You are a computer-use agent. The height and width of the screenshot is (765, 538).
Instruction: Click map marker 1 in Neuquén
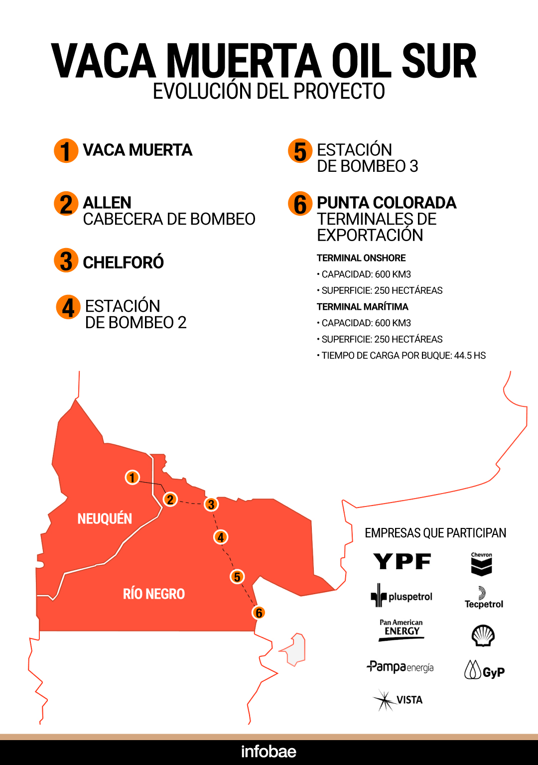(132, 478)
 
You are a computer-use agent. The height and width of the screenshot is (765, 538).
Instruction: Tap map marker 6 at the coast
(259, 613)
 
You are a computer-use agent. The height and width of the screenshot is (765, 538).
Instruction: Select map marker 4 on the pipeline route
(221, 537)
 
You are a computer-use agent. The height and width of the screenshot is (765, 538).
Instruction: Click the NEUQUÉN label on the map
(105, 519)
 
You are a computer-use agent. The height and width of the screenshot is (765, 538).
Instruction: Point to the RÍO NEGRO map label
(154, 594)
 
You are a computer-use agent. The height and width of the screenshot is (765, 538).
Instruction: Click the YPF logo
(402, 562)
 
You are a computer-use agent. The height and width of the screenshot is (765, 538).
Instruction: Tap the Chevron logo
(481, 564)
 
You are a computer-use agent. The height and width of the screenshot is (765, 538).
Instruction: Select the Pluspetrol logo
(402, 596)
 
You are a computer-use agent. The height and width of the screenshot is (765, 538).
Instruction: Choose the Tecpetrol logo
(484, 598)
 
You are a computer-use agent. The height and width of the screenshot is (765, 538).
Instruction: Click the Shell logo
(483, 636)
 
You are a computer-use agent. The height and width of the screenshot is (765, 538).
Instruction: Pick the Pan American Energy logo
(401, 630)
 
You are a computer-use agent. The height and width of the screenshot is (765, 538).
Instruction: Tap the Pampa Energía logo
(401, 667)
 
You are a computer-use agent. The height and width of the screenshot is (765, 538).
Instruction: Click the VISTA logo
(398, 700)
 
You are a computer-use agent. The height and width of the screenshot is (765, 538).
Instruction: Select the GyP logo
(484, 670)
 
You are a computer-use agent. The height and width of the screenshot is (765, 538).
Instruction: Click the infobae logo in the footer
(269, 752)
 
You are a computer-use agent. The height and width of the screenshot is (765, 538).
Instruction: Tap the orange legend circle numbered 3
(66, 260)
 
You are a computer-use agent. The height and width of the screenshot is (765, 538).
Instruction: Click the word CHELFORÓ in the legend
(123, 262)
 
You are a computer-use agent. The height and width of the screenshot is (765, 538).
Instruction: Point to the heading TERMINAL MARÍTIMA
(362, 307)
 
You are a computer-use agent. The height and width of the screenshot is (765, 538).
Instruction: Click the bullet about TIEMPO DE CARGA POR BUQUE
(403, 356)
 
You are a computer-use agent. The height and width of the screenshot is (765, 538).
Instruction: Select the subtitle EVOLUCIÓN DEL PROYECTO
(269, 92)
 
